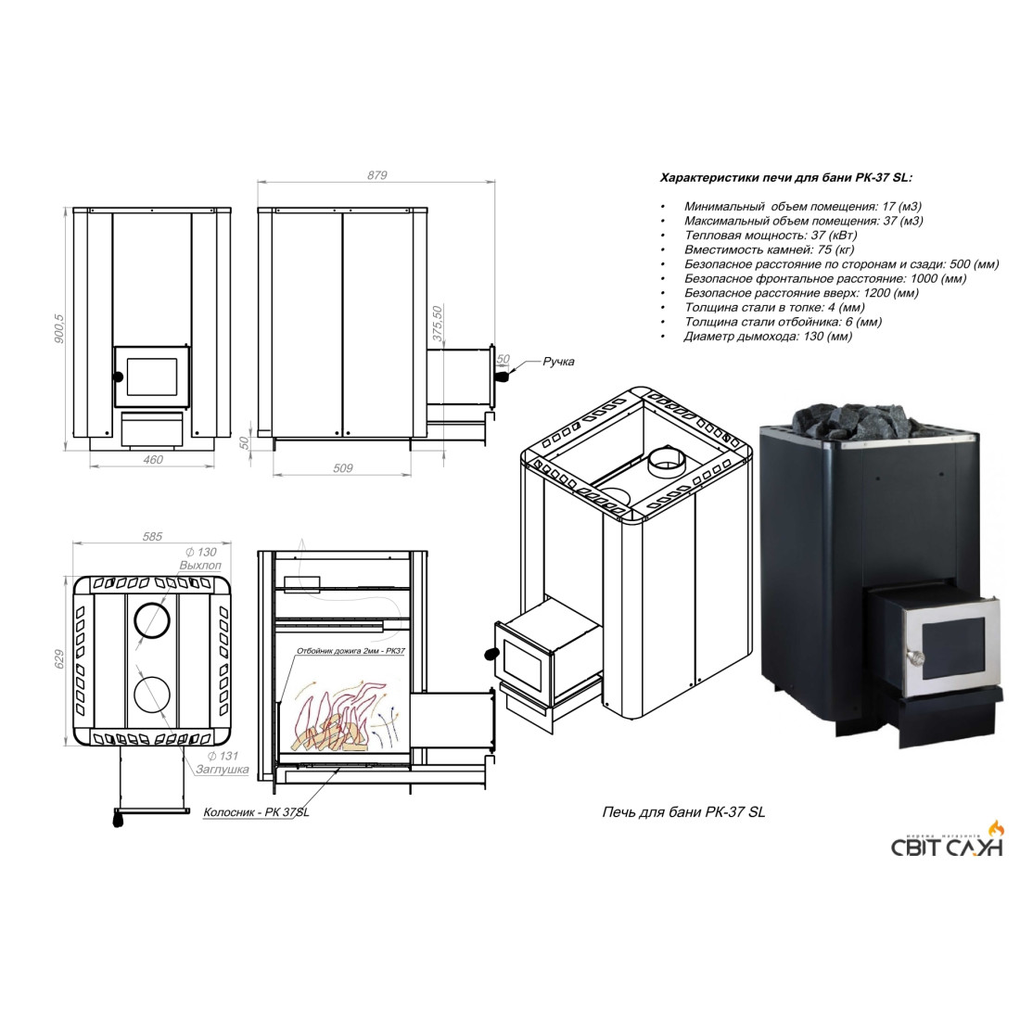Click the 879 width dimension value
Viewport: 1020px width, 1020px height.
tap(376, 175)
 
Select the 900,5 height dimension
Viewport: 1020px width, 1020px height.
tap(59, 328)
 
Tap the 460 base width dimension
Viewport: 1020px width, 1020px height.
tap(153, 459)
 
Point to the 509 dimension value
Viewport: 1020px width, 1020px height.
tap(343, 467)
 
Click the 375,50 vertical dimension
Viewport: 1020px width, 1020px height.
tap(437, 323)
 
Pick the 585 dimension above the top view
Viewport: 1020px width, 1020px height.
tap(152, 537)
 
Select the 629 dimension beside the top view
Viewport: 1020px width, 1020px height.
tap(60, 659)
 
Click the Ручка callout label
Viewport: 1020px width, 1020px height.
tap(559, 361)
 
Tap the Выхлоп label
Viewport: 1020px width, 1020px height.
tap(200, 566)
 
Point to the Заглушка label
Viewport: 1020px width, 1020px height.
tap(223, 769)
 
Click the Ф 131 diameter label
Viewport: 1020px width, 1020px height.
tap(223, 755)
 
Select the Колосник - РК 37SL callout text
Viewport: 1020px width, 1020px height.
tap(256, 812)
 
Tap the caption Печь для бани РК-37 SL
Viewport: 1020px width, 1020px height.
tap(683, 812)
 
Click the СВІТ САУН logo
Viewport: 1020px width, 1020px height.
tap(947, 841)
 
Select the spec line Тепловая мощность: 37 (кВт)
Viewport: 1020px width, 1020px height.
tap(771, 235)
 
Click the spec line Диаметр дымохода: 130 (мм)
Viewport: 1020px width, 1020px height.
tap(768, 337)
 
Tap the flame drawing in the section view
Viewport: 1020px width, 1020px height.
tap(338, 716)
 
